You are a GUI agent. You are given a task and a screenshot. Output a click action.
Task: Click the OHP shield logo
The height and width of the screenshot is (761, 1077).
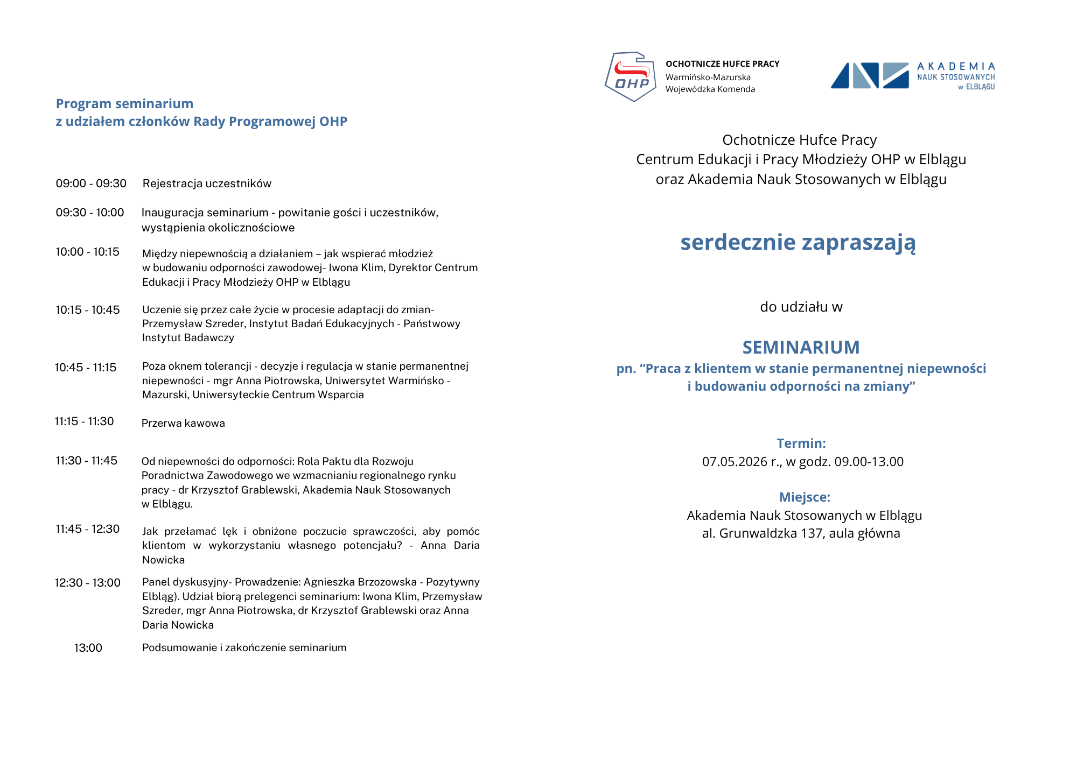tap(631, 76)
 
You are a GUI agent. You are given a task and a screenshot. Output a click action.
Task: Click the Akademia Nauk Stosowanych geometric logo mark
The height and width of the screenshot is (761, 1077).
tap(870, 75)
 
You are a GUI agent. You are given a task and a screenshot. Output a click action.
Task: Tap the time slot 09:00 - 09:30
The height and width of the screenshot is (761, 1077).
tap(91, 184)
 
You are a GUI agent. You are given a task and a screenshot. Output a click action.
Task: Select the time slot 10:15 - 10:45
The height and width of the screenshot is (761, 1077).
tap(88, 310)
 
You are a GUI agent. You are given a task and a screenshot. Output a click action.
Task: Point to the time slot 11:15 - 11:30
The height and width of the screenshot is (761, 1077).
tap(85, 421)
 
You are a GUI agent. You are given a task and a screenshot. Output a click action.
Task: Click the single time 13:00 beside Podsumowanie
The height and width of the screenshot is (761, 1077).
tap(88, 648)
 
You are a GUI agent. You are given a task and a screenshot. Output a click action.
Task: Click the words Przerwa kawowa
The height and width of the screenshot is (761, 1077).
tap(183, 423)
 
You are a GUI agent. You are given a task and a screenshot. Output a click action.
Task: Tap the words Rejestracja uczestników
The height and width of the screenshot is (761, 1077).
tap(207, 184)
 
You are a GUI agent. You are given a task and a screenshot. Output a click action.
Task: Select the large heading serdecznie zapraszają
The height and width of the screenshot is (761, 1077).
tap(798, 242)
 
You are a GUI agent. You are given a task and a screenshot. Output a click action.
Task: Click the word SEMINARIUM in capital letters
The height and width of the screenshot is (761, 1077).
tap(801, 348)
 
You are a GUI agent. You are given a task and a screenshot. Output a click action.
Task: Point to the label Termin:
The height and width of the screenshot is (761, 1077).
tap(801, 443)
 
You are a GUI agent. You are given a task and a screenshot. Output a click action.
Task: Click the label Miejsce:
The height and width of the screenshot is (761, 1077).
tap(805, 497)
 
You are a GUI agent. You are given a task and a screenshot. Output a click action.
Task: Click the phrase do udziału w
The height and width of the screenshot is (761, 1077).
tap(801, 307)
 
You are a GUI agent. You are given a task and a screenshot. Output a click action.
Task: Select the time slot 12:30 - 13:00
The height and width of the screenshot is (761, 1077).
tap(88, 583)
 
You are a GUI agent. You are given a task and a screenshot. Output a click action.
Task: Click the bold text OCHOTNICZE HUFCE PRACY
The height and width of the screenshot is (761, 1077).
tap(722, 64)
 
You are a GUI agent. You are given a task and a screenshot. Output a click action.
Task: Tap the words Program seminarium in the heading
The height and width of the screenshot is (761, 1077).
tap(124, 103)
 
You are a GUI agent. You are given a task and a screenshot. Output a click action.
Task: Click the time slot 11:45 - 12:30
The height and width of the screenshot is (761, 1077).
tap(88, 529)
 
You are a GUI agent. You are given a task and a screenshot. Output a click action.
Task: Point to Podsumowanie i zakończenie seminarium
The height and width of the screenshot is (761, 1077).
tap(244, 648)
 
